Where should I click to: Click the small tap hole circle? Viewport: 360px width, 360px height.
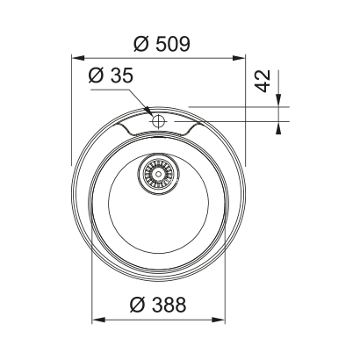pos(159,120)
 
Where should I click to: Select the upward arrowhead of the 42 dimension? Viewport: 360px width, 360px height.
pos(279,122)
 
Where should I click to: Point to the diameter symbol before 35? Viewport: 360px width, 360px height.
pos(95,77)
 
